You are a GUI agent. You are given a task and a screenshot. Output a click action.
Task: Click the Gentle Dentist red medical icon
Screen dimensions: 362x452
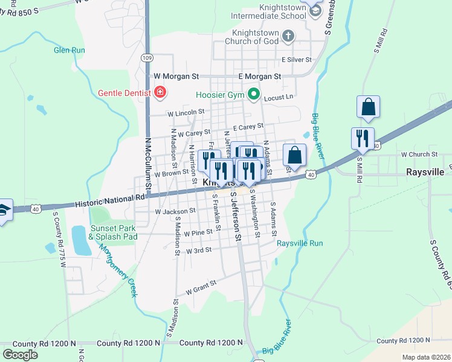160,92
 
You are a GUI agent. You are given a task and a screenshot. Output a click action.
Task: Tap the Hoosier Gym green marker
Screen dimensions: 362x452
254,94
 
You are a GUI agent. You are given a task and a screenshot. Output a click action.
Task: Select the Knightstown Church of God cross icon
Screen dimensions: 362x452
288,35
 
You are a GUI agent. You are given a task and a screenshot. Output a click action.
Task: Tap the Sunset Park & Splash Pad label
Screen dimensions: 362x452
113,232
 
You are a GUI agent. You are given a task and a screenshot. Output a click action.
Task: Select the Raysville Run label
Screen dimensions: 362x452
300,244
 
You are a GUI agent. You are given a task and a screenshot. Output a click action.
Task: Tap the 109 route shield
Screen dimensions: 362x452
147,57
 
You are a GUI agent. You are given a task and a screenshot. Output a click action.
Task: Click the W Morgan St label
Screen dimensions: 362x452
176,77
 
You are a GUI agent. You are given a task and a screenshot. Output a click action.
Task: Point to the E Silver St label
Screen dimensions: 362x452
296,60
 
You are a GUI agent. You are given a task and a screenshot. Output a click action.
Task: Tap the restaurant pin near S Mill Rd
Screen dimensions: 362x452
363,138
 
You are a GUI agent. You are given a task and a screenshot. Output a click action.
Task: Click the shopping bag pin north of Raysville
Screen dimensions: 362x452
367,107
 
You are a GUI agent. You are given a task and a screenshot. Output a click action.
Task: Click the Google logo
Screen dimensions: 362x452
20,355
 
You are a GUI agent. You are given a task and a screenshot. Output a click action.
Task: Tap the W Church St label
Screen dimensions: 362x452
419,154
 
